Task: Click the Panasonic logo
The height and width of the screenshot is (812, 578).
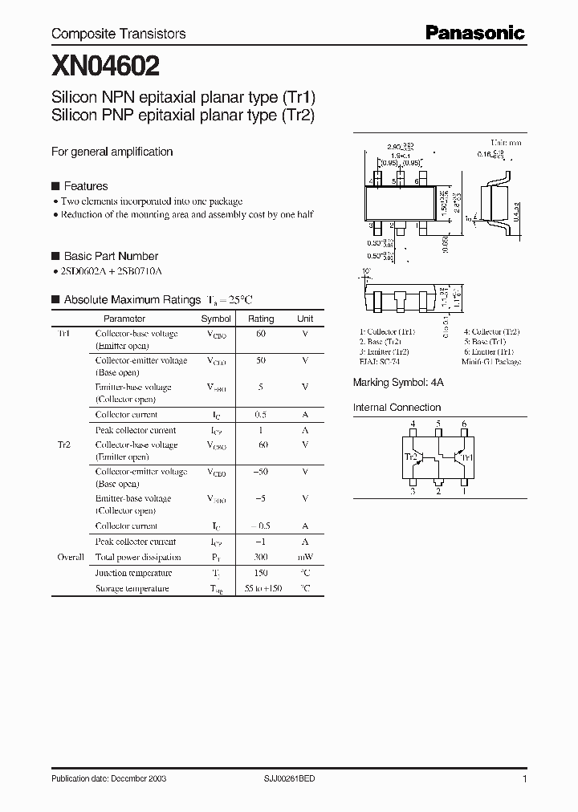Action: pos(474,33)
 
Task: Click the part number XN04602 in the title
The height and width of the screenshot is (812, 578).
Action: pos(106,64)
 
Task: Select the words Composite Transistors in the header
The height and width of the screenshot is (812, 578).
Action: pos(119,34)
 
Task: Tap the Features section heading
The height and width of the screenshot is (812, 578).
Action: pos(85,186)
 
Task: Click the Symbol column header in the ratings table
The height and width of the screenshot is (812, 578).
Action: pos(216,319)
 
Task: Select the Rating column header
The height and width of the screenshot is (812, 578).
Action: pos(261,319)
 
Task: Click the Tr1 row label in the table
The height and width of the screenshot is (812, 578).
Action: pos(63,333)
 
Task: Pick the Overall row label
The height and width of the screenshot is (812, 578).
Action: pos(70,557)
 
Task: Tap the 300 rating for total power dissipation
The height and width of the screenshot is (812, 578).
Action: pos(261,557)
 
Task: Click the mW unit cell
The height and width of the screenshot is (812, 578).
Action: pos(305,557)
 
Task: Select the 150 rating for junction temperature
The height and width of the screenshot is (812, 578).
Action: pos(261,573)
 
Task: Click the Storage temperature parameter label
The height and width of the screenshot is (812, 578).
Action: pos(132,588)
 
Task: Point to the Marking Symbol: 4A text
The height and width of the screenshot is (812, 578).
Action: pos(398,384)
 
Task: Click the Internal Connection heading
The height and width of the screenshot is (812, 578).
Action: pos(397,408)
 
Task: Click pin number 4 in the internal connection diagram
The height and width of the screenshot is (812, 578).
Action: pos(413,424)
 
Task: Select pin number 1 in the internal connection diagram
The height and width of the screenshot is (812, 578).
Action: pos(463,492)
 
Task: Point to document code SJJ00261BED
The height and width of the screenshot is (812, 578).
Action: pos(295,779)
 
